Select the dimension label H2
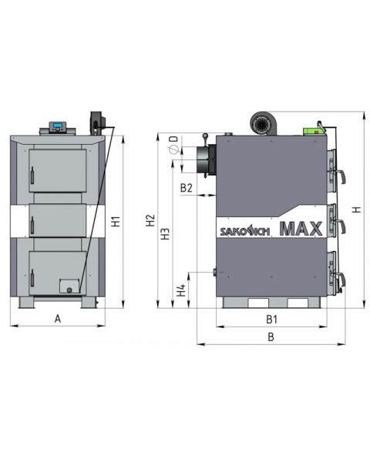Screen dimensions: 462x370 [151, 223]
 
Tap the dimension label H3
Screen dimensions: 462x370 [165, 235]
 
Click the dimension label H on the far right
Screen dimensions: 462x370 [355, 209]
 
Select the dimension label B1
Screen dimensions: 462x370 [271, 318]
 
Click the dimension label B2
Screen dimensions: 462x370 [186, 187]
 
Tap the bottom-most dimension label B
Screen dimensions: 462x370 [271, 336]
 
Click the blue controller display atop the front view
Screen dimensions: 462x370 [59, 126]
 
